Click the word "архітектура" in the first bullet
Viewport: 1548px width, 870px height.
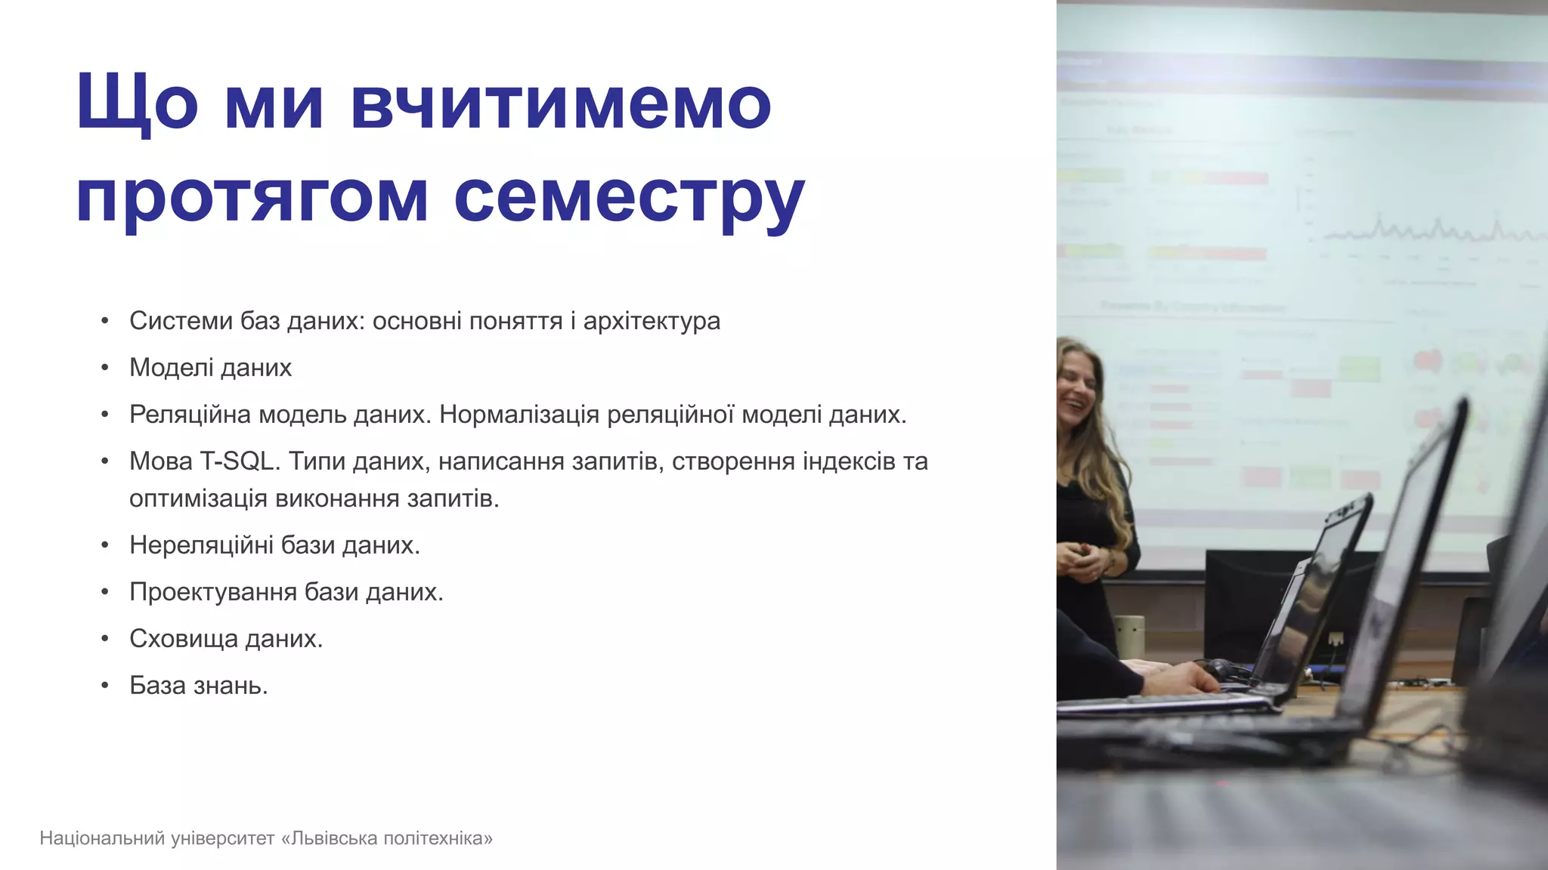coord(652,321)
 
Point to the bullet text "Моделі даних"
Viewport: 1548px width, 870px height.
coord(210,368)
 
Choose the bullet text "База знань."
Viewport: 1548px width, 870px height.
coord(199,686)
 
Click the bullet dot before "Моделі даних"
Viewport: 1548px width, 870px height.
coord(105,369)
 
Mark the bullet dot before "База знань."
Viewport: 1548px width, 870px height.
coord(105,686)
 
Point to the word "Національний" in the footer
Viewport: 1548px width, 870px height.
coord(102,838)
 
